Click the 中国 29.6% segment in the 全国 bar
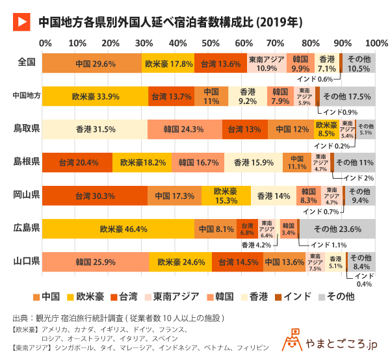point(92,64)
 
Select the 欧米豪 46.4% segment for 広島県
point(118,229)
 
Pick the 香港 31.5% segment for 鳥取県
point(95,129)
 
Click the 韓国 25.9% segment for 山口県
point(95,262)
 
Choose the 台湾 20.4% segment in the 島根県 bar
point(77,162)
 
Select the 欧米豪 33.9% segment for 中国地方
point(95,96)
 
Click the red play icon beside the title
point(21,21)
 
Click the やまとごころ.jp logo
point(331,341)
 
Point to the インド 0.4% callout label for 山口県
point(364,279)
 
